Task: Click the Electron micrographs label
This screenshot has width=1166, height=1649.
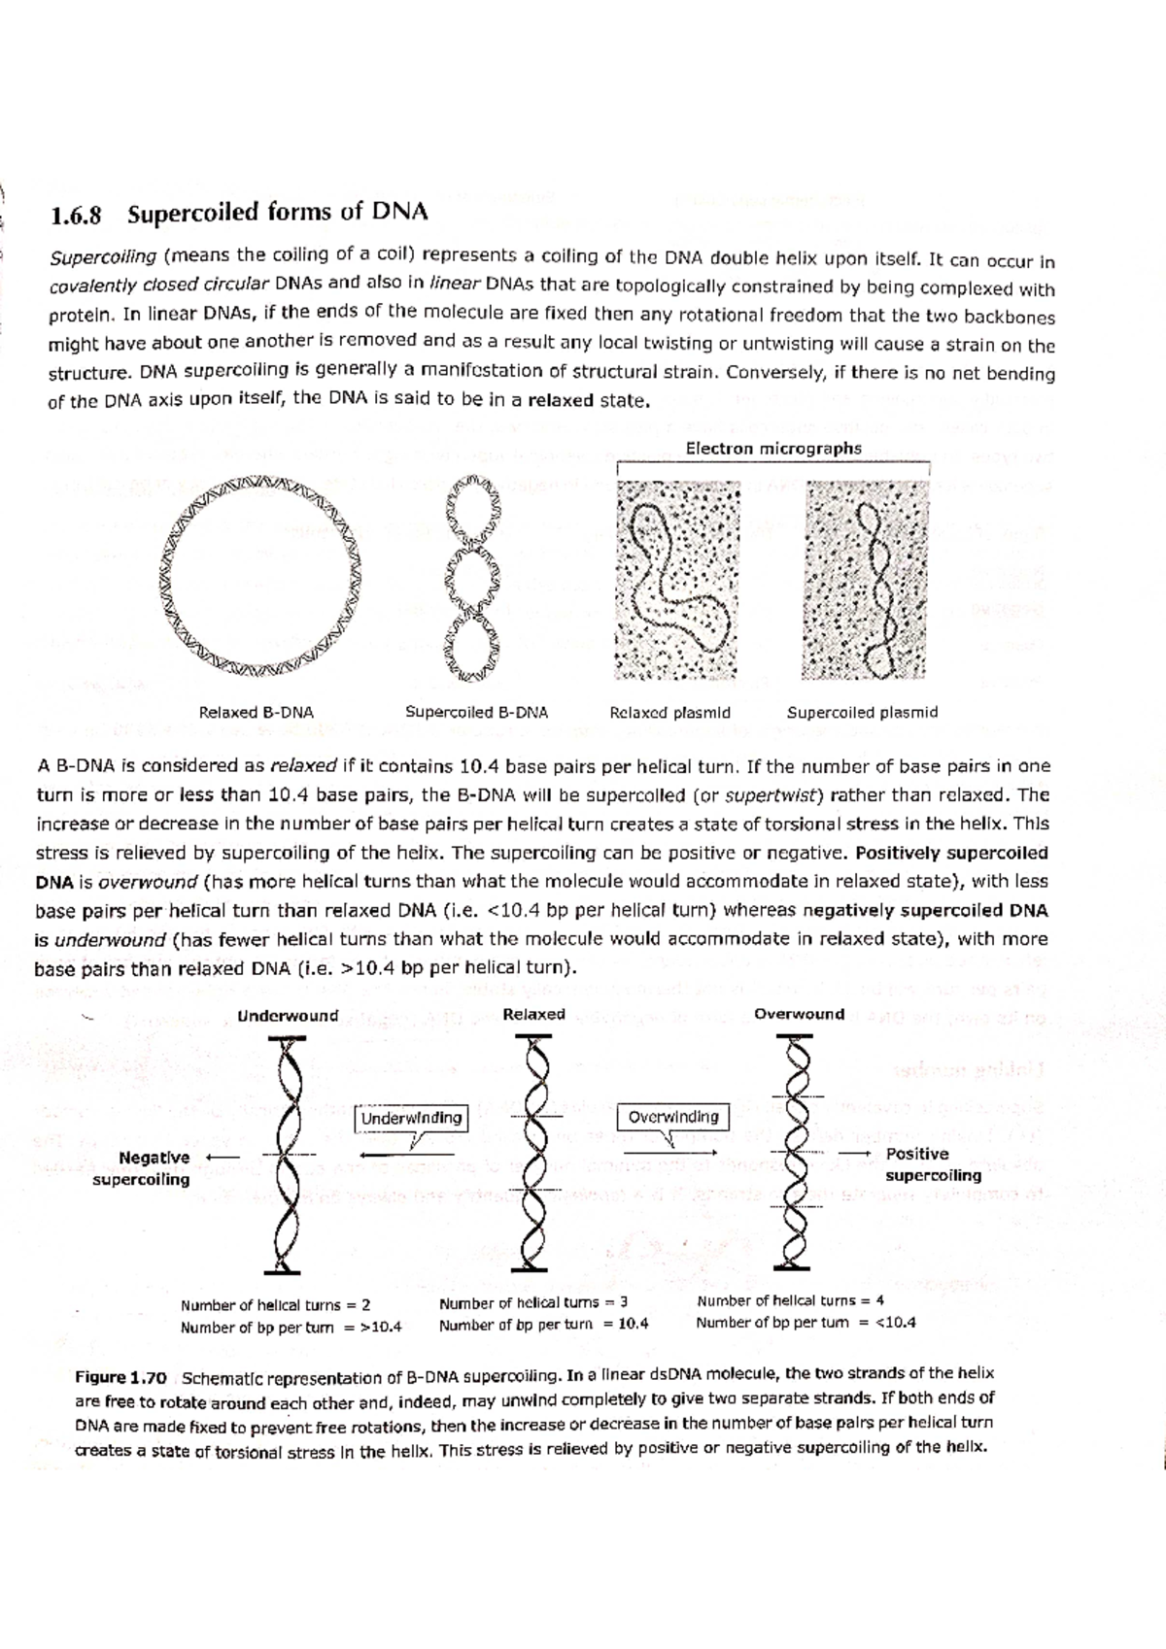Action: tap(772, 448)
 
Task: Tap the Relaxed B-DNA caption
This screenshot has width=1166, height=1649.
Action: tap(256, 712)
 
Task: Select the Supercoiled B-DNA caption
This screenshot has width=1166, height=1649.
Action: tap(476, 712)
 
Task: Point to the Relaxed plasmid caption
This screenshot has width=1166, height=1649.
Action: tap(669, 713)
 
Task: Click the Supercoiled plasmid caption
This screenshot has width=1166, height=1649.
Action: tap(862, 712)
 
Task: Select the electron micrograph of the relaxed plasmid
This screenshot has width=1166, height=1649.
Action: tap(677, 580)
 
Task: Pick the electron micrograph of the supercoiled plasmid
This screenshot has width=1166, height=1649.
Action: tap(864, 580)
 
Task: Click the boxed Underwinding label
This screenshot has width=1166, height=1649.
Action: tap(411, 1118)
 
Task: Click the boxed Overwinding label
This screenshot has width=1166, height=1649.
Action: tap(672, 1117)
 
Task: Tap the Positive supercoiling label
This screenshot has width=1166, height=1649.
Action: tap(931, 1164)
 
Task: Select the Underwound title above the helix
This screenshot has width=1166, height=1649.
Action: tap(288, 1016)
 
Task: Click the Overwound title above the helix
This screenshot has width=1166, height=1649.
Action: tap(799, 1014)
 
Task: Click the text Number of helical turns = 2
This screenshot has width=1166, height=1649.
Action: tap(275, 1305)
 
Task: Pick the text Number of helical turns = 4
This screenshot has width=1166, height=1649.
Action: tap(790, 1300)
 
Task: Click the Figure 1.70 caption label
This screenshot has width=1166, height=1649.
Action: tap(121, 1377)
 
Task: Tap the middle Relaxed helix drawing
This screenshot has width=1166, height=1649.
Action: tap(533, 1153)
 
